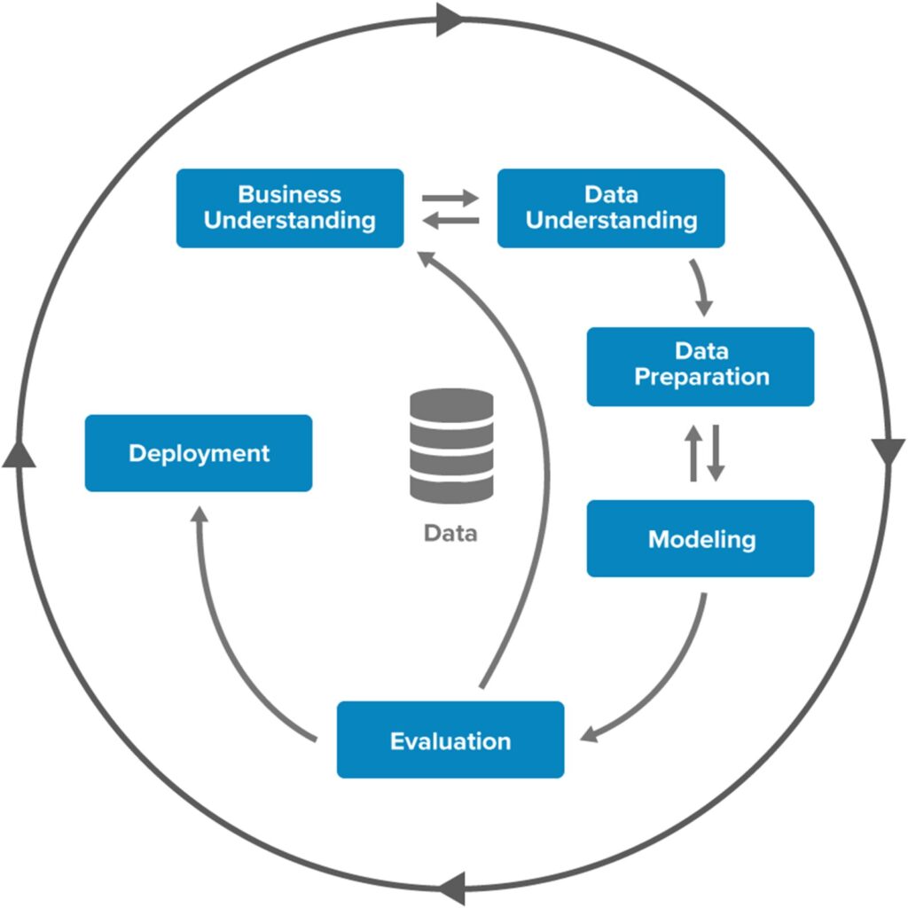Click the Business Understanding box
coord(289,207)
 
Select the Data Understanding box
coord(611,207)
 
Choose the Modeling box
coord(701,538)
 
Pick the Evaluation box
coord(450,740)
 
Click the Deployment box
coord(199,453)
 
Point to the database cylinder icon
coord(451,445)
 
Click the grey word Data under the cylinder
coord(450,533)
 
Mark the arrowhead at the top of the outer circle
coord(450,19)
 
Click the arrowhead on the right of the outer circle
coord(888,452)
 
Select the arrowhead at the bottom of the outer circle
coord(451,887)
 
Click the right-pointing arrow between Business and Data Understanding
coord(450,198)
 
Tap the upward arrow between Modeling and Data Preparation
coord(693,453)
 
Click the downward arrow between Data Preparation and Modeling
coord(715,453)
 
